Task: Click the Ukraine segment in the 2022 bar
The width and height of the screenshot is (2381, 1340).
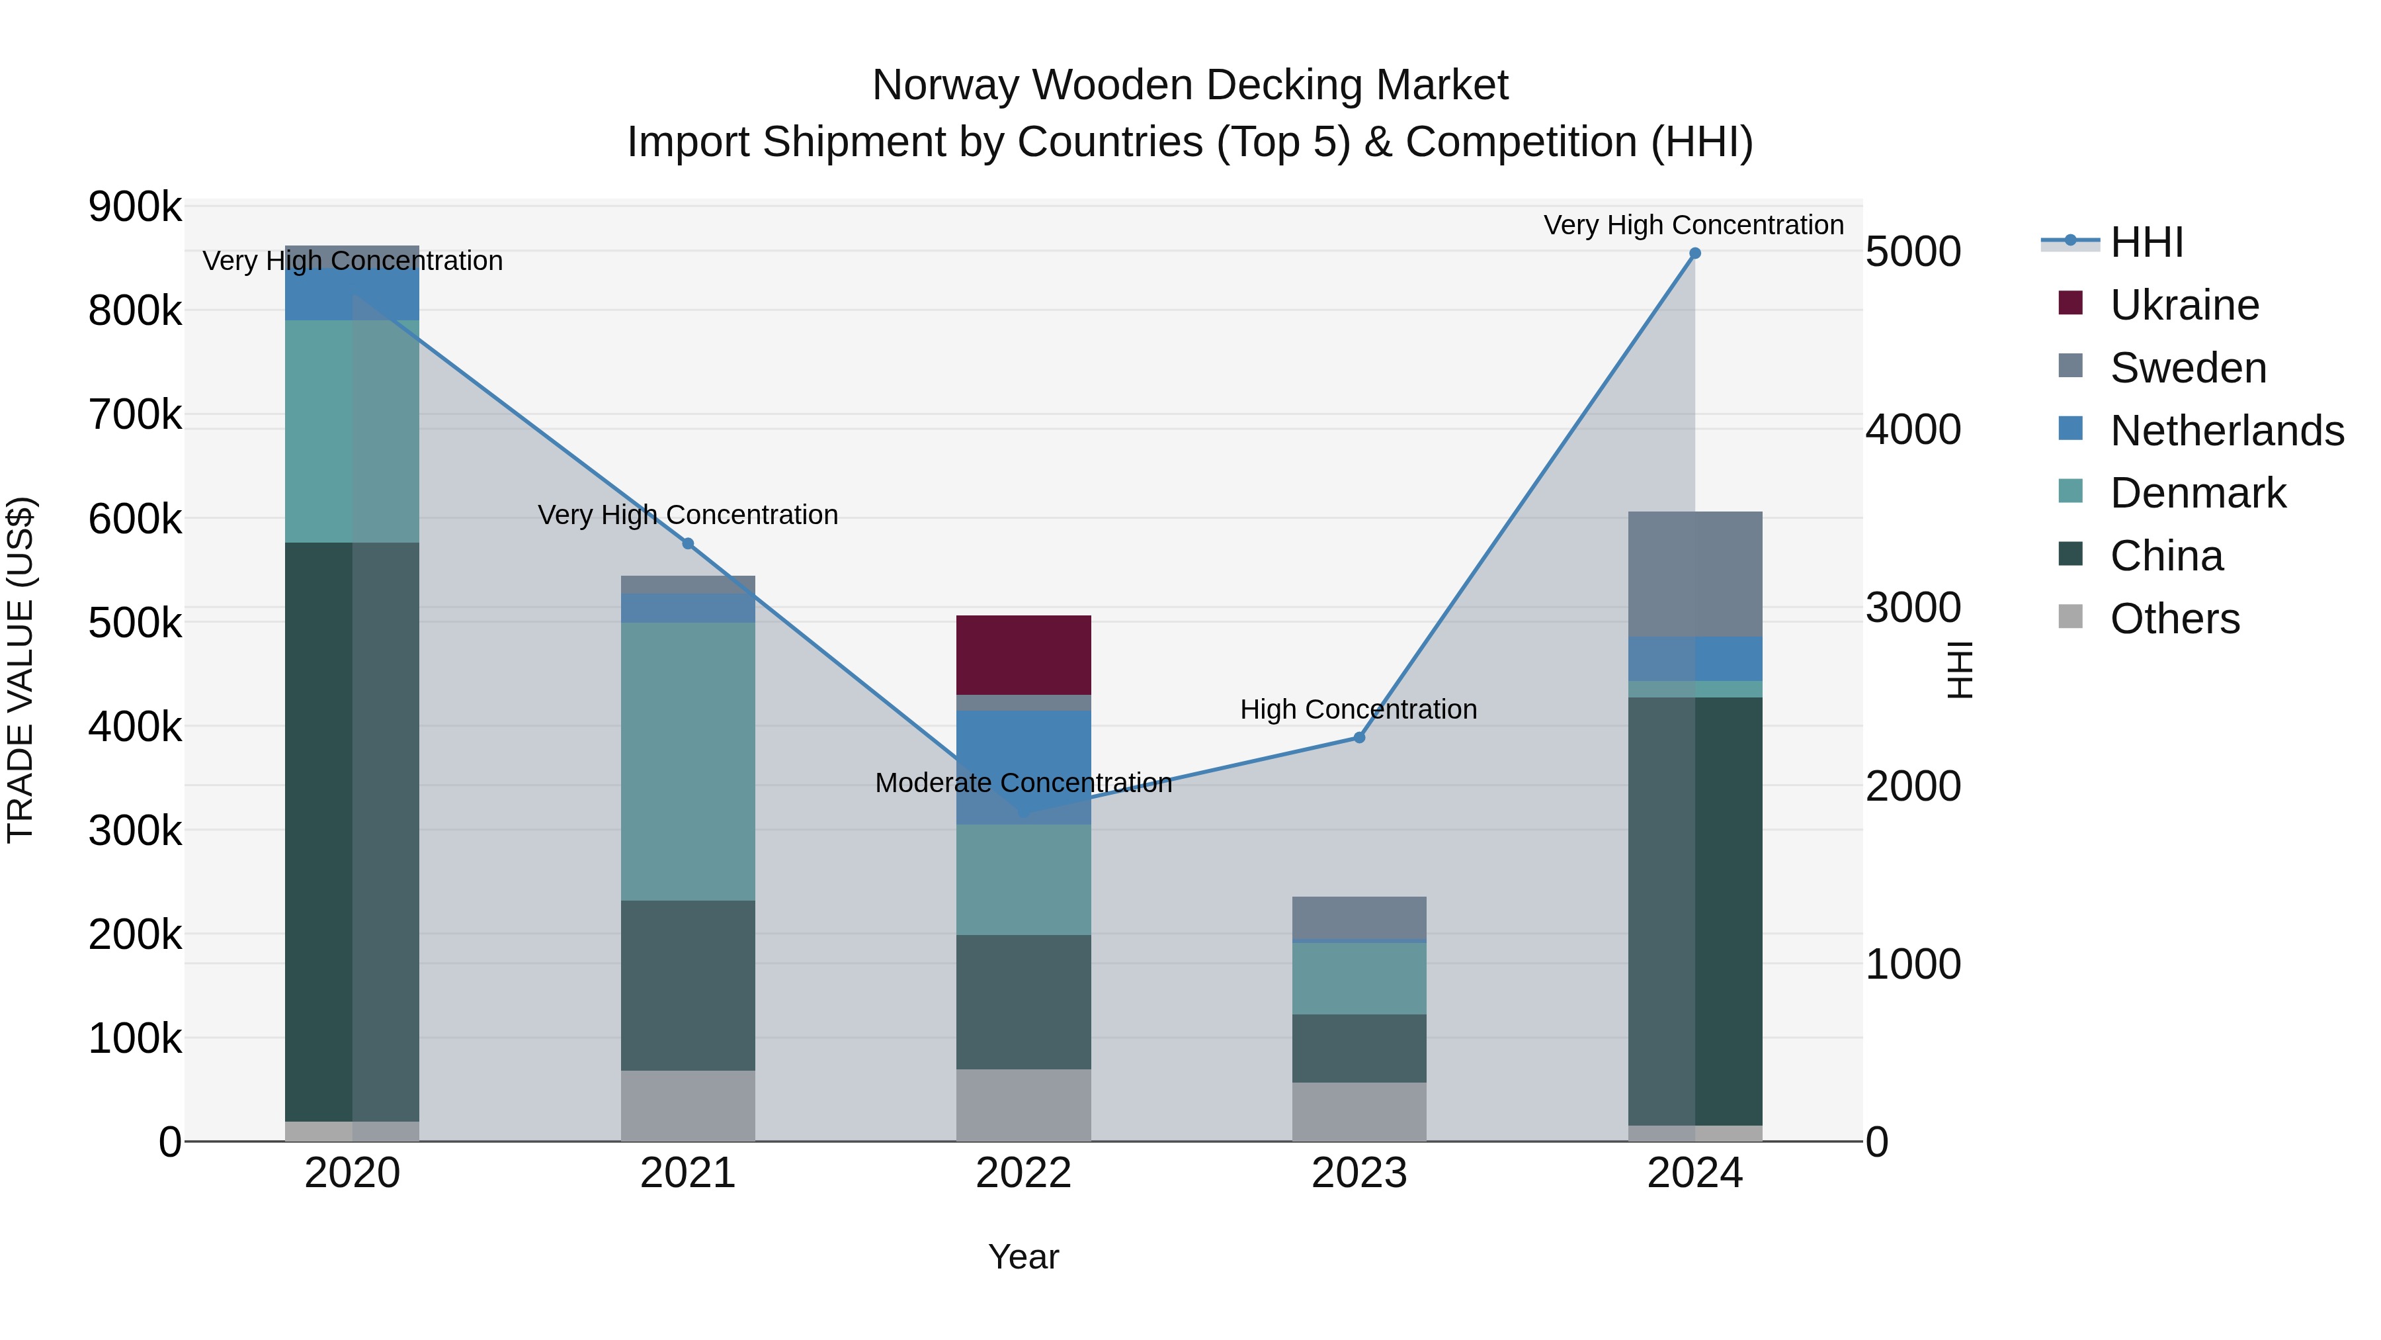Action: click(x=1023, y=654)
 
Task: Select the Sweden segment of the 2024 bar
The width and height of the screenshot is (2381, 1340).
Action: click(x=1694, y=573)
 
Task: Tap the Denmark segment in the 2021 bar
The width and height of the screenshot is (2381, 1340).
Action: click(x=688, y=761)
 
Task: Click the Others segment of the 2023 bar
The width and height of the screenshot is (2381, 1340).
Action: click(x=1358, y=1112)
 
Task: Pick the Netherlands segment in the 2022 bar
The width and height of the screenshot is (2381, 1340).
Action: click(x=1023, y=768)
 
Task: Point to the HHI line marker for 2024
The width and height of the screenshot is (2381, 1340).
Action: click(x=1694, y=253)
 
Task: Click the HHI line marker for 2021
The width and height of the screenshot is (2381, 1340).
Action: click(x=688, y=544)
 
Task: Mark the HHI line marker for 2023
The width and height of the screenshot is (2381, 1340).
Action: click(x=1358, y=737)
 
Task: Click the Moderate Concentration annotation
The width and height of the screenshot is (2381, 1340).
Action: click(x=1023, y=783)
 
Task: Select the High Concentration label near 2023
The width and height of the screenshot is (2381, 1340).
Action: click(x=1358, y=709)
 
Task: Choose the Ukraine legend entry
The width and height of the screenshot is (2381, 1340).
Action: click(x=2184, y=305)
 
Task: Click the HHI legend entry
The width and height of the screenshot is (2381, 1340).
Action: click(x=2146, y=242)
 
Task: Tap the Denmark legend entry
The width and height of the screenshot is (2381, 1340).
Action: click(x=2197, y=493)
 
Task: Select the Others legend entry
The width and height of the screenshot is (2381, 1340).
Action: click(x=2174, y=619)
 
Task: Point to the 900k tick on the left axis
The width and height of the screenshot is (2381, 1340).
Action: click(x=135, y=207)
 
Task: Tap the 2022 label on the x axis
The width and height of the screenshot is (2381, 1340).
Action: click(x=1023, y=1173)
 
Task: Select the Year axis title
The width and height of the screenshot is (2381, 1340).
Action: click(x=1023, y=1257)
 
